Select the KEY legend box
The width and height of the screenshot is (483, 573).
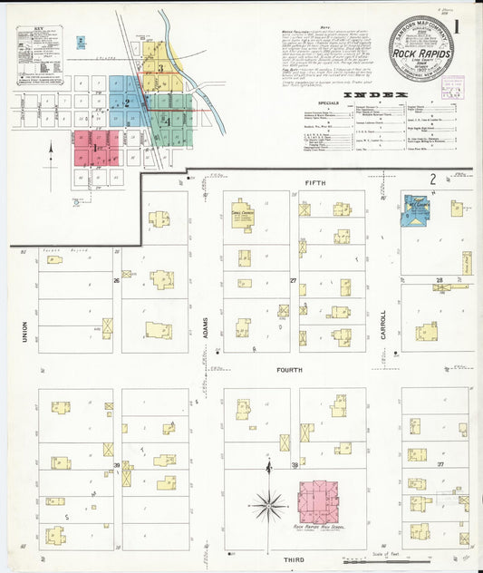pos(39,54)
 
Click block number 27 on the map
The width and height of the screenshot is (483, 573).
pos(294,281)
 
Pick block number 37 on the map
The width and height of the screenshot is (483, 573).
pos(440,464)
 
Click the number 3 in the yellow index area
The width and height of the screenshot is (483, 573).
pos(160,67)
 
